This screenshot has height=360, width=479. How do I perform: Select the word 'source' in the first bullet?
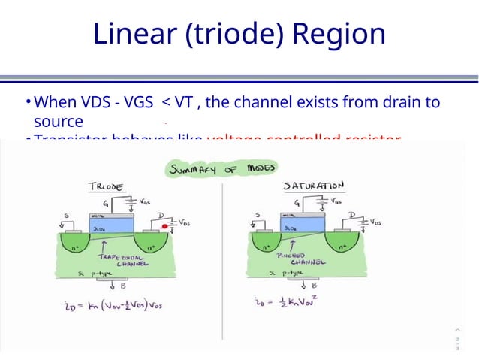coord(59,121)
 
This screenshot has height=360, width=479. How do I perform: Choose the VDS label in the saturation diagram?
coord(375,223)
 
